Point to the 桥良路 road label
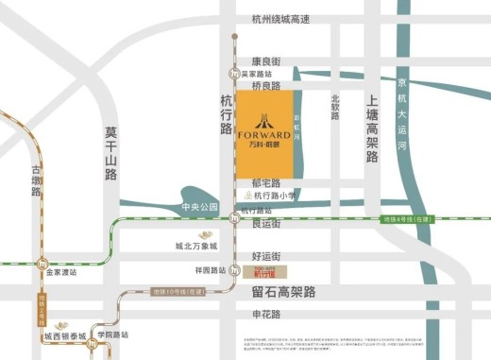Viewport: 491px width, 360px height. [266, 86]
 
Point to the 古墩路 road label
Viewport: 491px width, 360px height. [37, 180]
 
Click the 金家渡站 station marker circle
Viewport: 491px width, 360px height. [40, 262]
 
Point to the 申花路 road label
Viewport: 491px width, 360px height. [267, 314]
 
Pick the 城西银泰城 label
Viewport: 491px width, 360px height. [64, 335]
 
